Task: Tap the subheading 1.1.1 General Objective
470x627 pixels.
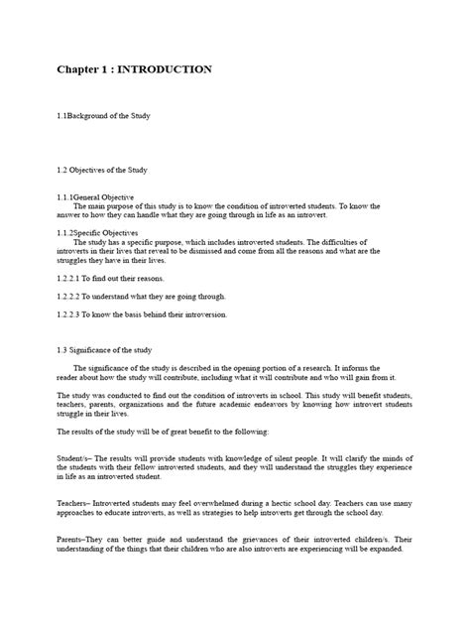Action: (x=95, y=196)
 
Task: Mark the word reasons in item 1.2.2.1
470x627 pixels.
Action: (x=147, y=280)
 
